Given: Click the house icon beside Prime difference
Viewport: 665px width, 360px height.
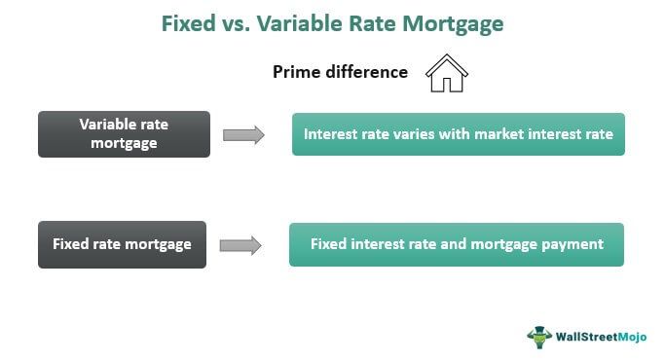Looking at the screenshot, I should (447, 73).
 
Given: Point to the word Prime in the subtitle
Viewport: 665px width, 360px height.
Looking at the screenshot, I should (295, 72).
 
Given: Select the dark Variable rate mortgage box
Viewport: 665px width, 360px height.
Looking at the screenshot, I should (124, 134).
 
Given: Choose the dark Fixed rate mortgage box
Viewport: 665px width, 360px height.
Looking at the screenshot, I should (123, 244).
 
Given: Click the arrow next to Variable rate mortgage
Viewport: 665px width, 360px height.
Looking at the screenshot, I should (243, 135).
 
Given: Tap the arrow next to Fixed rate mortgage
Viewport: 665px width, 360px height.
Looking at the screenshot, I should (241, 245).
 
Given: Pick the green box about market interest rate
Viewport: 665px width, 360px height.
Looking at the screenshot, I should (458, 134).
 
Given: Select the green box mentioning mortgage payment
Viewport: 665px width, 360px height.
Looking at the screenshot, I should (456, 244).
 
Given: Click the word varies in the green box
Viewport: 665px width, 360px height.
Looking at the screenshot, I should (412, 134).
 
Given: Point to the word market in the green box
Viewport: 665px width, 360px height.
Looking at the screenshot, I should (499, 134).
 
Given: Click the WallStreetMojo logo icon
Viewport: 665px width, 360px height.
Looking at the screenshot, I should (539, 337).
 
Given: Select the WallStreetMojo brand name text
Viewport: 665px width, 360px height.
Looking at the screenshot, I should (601, 337).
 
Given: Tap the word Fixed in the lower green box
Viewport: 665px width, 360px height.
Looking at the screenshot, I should (329, 244).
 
